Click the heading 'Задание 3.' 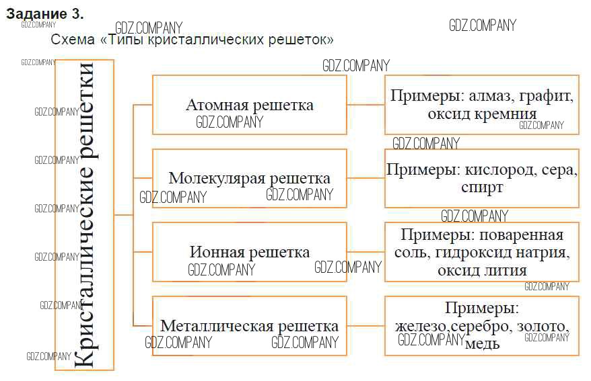coord(45,13)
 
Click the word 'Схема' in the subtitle coord(73,40)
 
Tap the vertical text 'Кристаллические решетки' coord(84,214)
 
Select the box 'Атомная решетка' coord(250,105)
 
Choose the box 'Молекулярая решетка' coord(250,178)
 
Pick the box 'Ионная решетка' coord(250,252)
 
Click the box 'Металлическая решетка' coord(250,326)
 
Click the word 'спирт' coord(482,187)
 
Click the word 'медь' coord(482,343)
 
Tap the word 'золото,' coord(543,327)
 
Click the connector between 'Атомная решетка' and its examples coord(366,105)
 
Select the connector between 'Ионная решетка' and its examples coord(366,252)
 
